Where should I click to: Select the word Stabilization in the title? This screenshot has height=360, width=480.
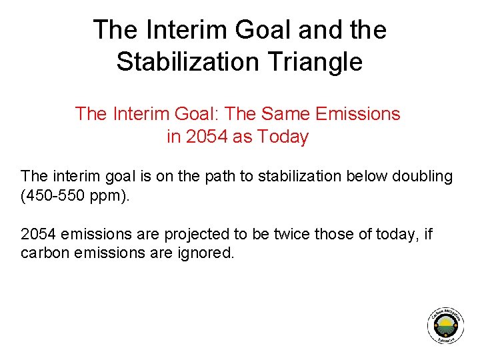pos(185,62)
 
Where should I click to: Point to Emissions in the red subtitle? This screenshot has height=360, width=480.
pos(357,114)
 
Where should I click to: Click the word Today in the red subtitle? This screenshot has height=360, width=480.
pos(281,137)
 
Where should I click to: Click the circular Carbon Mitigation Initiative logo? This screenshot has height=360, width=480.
pos(445,327)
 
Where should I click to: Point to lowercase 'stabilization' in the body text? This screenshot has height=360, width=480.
pos(296,177)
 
